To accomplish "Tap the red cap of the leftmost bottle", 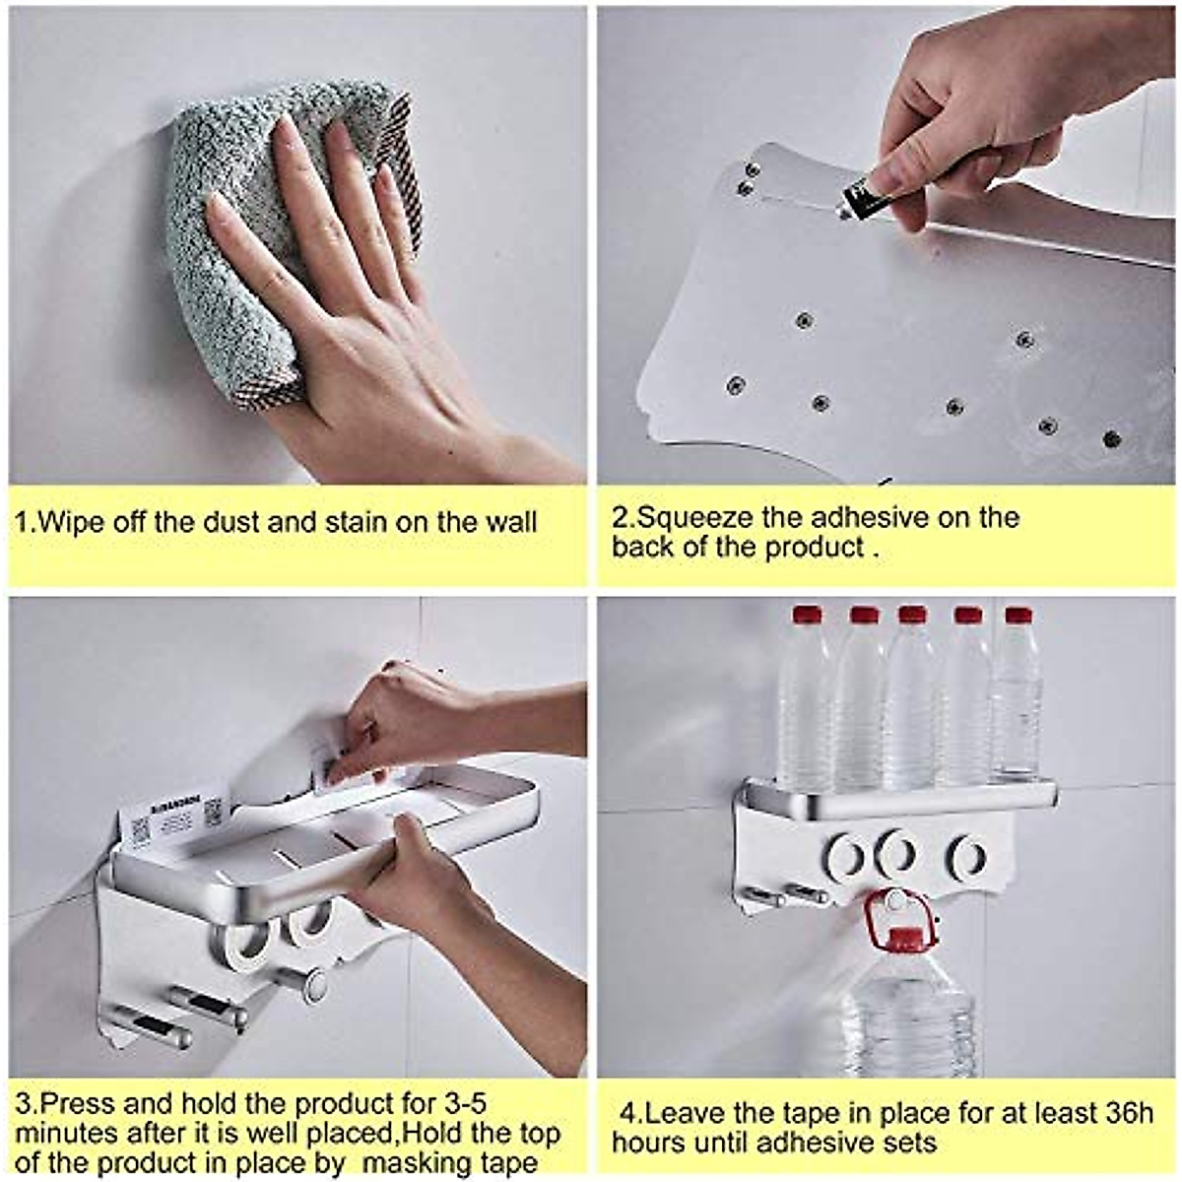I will click(x=807, y=616).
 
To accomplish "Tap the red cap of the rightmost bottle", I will click(x=1018, y=617).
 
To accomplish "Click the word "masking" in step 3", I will click(x=416, y=1163).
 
